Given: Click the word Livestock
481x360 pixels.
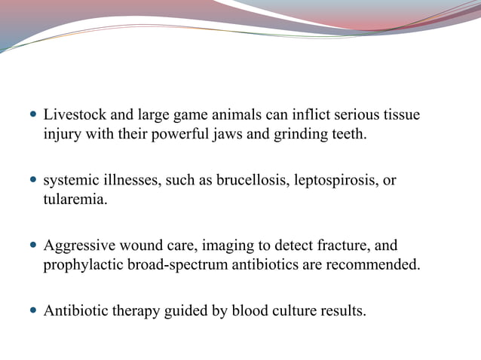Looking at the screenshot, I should [75, 115].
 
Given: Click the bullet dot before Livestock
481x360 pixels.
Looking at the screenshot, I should [32, 116].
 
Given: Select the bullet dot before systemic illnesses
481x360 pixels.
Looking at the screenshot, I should [32, 182].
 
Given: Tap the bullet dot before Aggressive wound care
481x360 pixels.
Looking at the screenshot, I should [32, 246].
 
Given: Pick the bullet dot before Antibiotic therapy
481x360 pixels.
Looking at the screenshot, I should [32, 311].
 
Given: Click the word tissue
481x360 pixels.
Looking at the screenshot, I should [400, 115].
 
